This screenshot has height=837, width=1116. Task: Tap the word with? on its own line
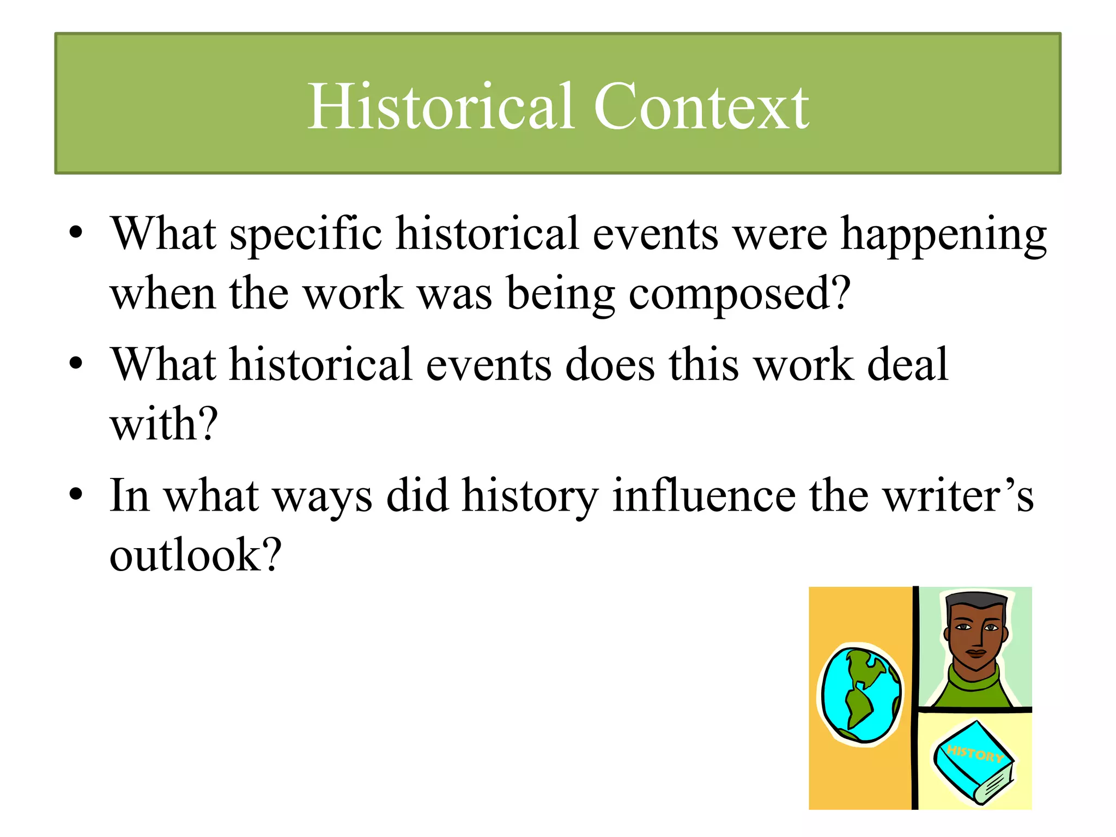(163, 425)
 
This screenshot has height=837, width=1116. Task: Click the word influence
(703, 496)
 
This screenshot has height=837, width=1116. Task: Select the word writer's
(957, 496)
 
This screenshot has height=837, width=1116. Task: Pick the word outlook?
(195, 556)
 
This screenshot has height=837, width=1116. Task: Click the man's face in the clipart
(976, 635)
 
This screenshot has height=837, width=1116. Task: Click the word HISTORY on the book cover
(975, 754)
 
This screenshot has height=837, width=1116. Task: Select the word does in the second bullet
(610, 365)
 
